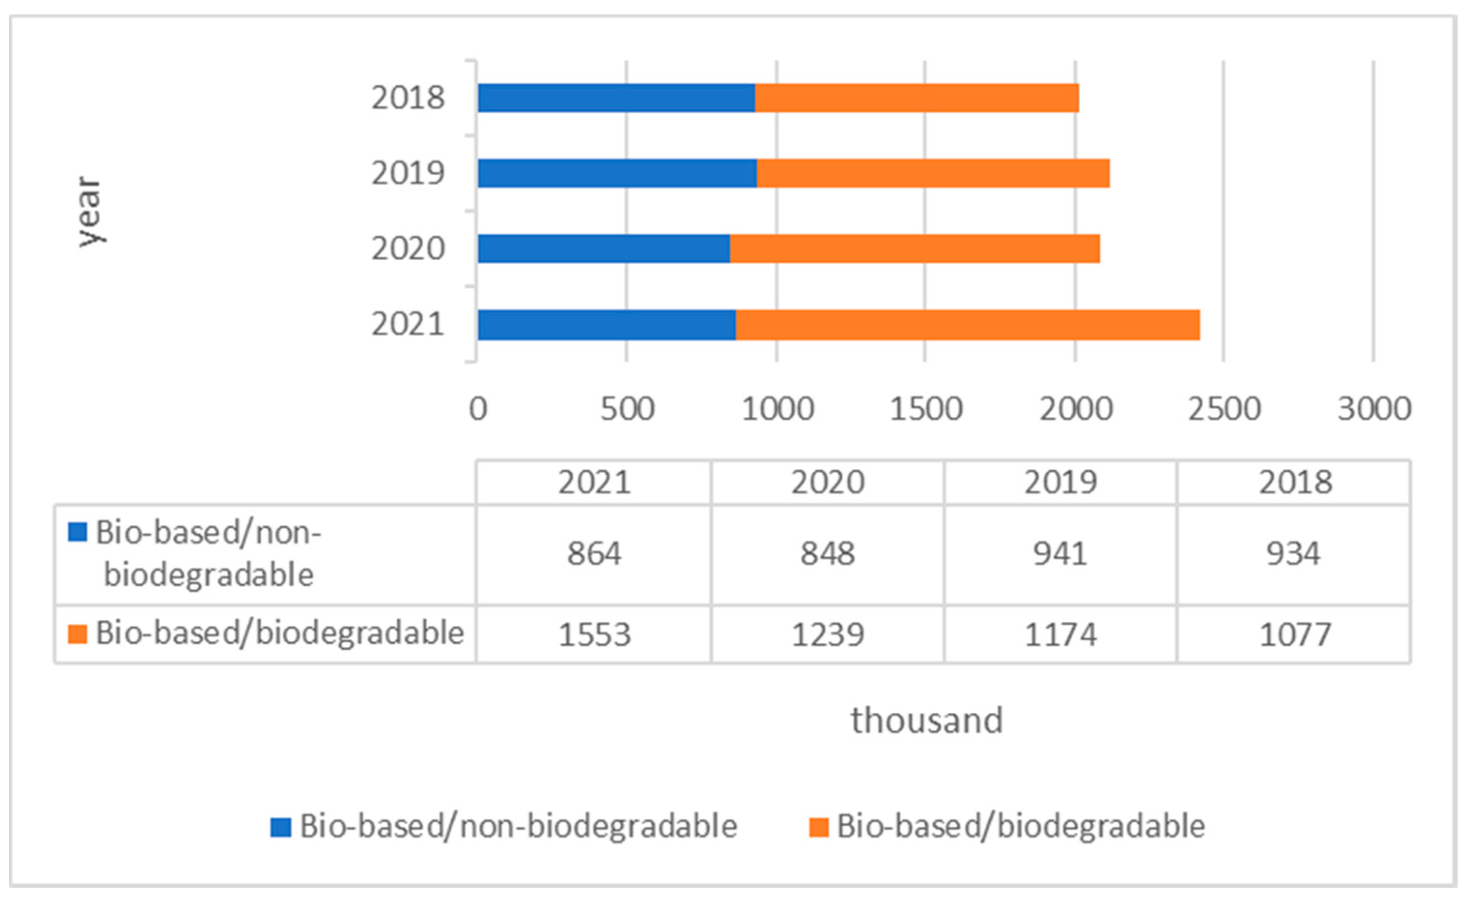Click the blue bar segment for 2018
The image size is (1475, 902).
point(616,98)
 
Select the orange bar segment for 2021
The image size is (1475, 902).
point(968,325)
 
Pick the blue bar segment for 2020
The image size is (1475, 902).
point(604,249)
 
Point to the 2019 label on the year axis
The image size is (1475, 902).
point(408,174)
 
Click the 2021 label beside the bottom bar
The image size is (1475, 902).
point(408,324)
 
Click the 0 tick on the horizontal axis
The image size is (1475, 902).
point(478,409)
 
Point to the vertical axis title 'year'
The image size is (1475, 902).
point(90,211)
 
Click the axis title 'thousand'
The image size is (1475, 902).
point(927,720)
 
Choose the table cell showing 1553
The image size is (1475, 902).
point(595,635)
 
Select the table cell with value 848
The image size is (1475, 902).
point(827,553)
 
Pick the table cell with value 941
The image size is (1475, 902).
point(1060,553)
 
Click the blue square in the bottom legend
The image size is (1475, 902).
point(281,827)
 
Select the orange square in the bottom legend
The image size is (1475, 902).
point(818,827)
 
